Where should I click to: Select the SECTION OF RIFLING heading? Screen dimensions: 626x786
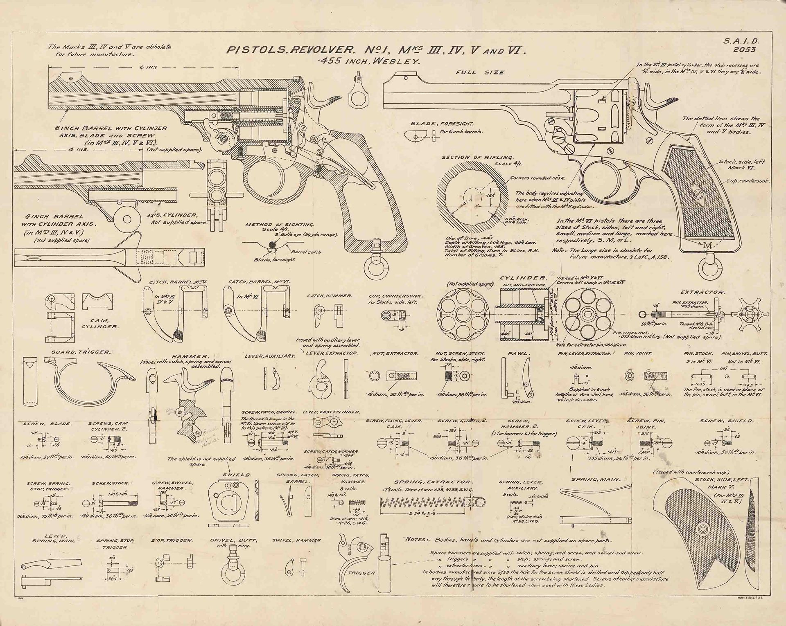pyautogui.click(x=477, y=158)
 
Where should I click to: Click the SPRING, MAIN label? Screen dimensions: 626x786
pyautogui.click(x=596, y=479)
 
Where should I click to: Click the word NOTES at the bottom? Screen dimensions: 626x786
pyautogui.click(x=416, y=540)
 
